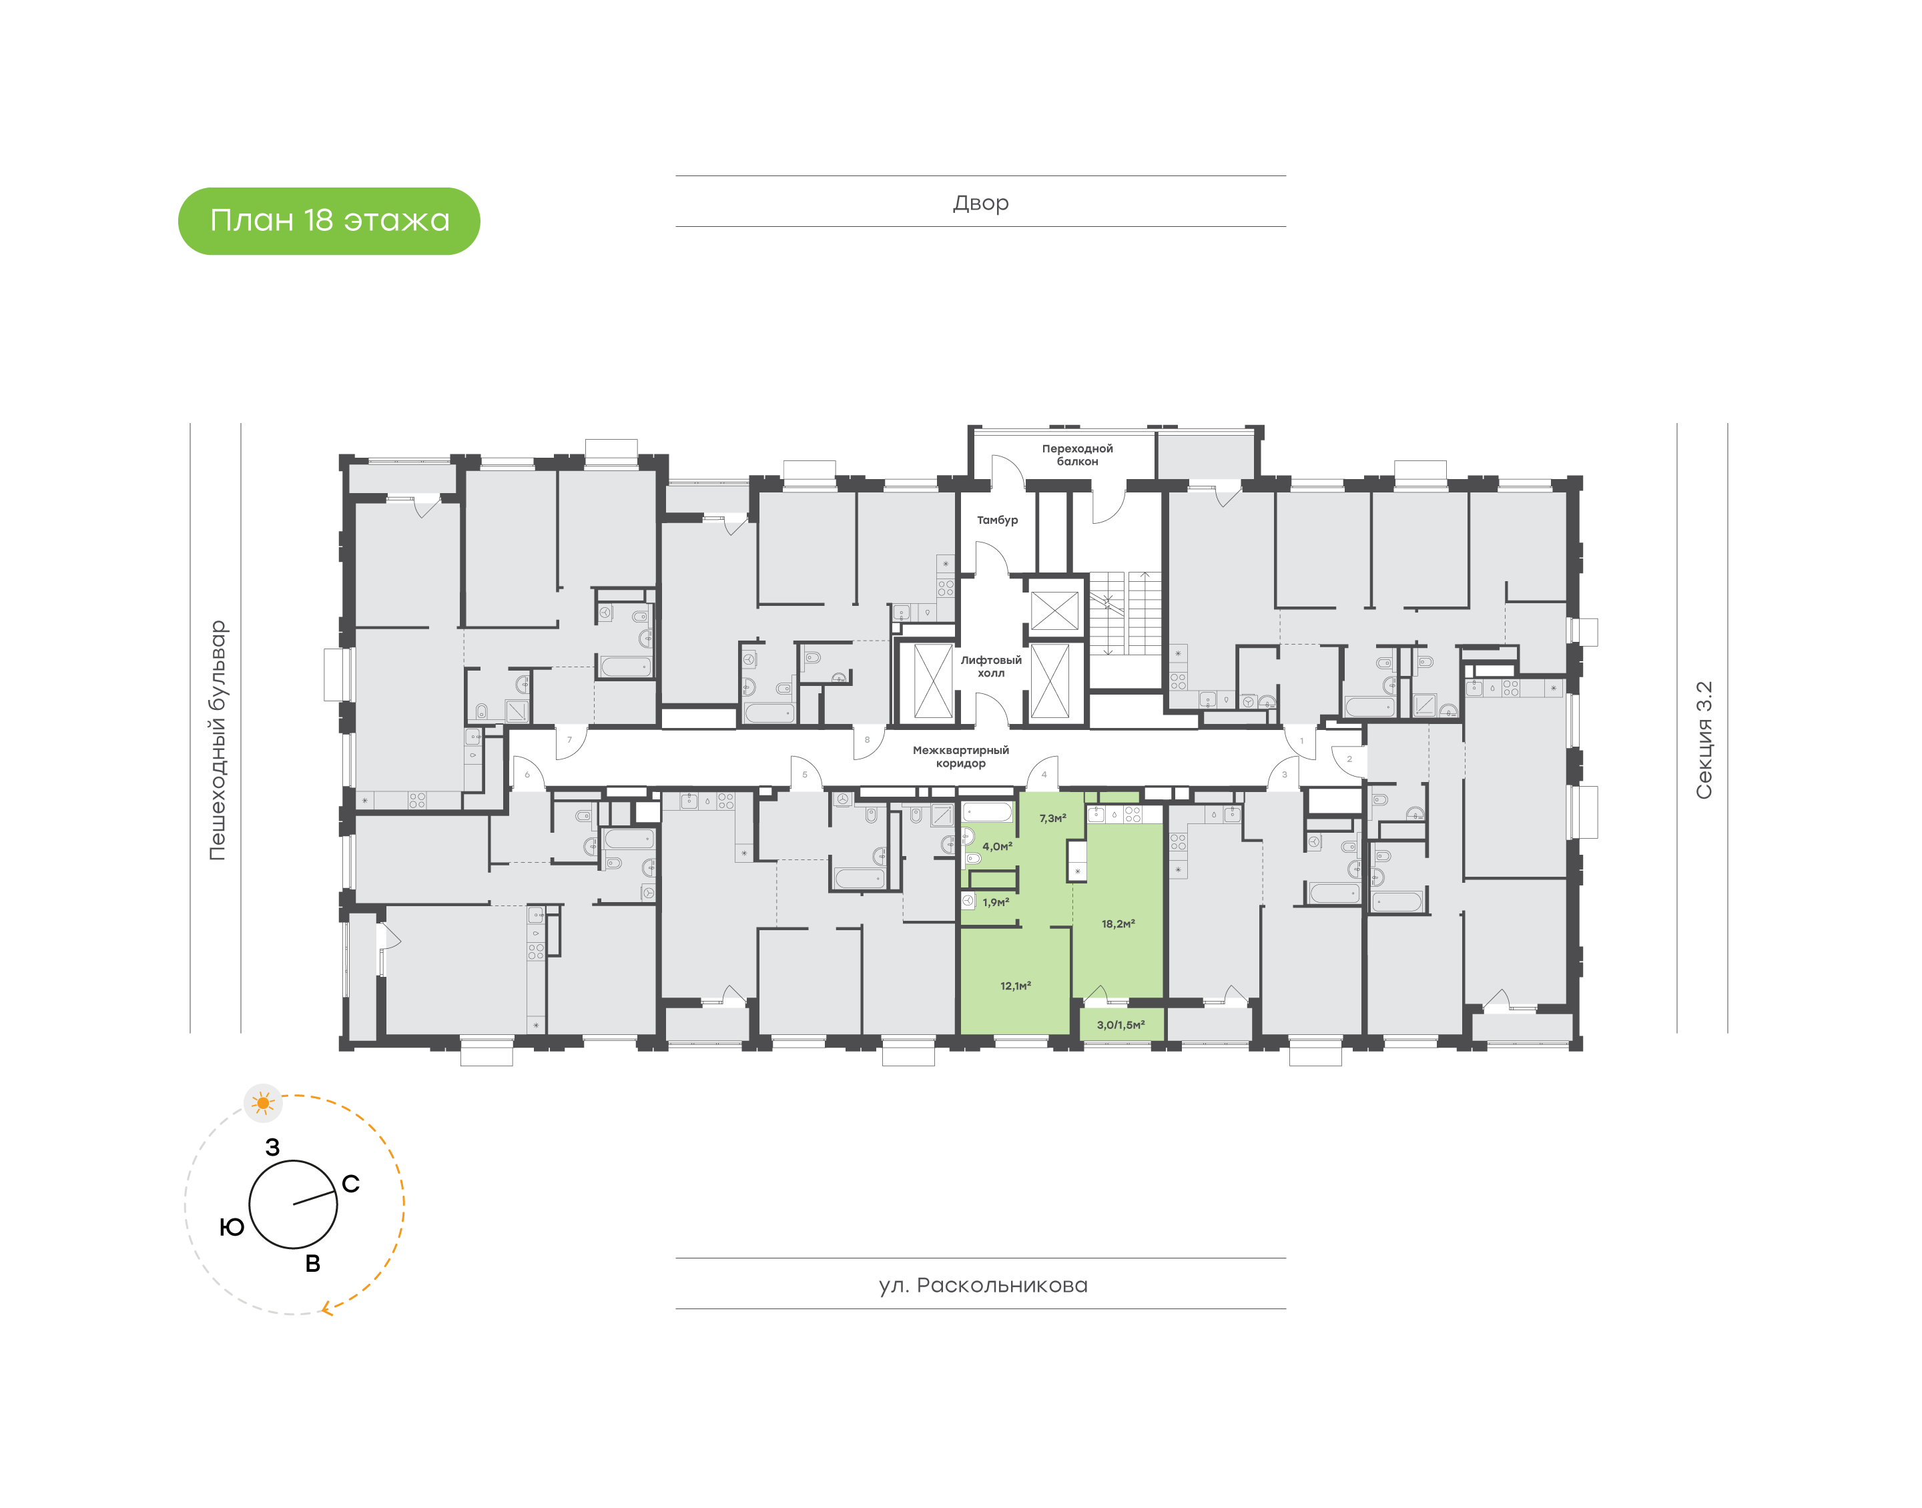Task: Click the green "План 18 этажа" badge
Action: [328, 221]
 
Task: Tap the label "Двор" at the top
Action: [980, 203]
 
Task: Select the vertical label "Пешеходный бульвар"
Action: [217, 740]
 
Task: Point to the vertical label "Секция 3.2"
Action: [1703, 740]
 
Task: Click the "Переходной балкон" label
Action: [1077, 454]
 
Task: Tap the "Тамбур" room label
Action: [997, 520]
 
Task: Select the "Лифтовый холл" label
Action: [990, 667]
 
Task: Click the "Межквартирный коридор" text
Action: [960, 757]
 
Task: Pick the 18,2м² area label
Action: [1118, 923]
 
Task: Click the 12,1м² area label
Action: [1015, 986]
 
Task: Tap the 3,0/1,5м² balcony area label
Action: [1120, 1025]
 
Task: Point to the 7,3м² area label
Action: [1052, 819]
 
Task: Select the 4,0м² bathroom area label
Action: [997, 846]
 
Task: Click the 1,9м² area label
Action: [995, 902]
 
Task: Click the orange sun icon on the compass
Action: [263, 1103]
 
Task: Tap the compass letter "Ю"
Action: [232, 1227]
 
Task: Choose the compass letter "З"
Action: [273, 1147]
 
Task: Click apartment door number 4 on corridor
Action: [1044, 774]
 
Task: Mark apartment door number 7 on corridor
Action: [569, 740]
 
